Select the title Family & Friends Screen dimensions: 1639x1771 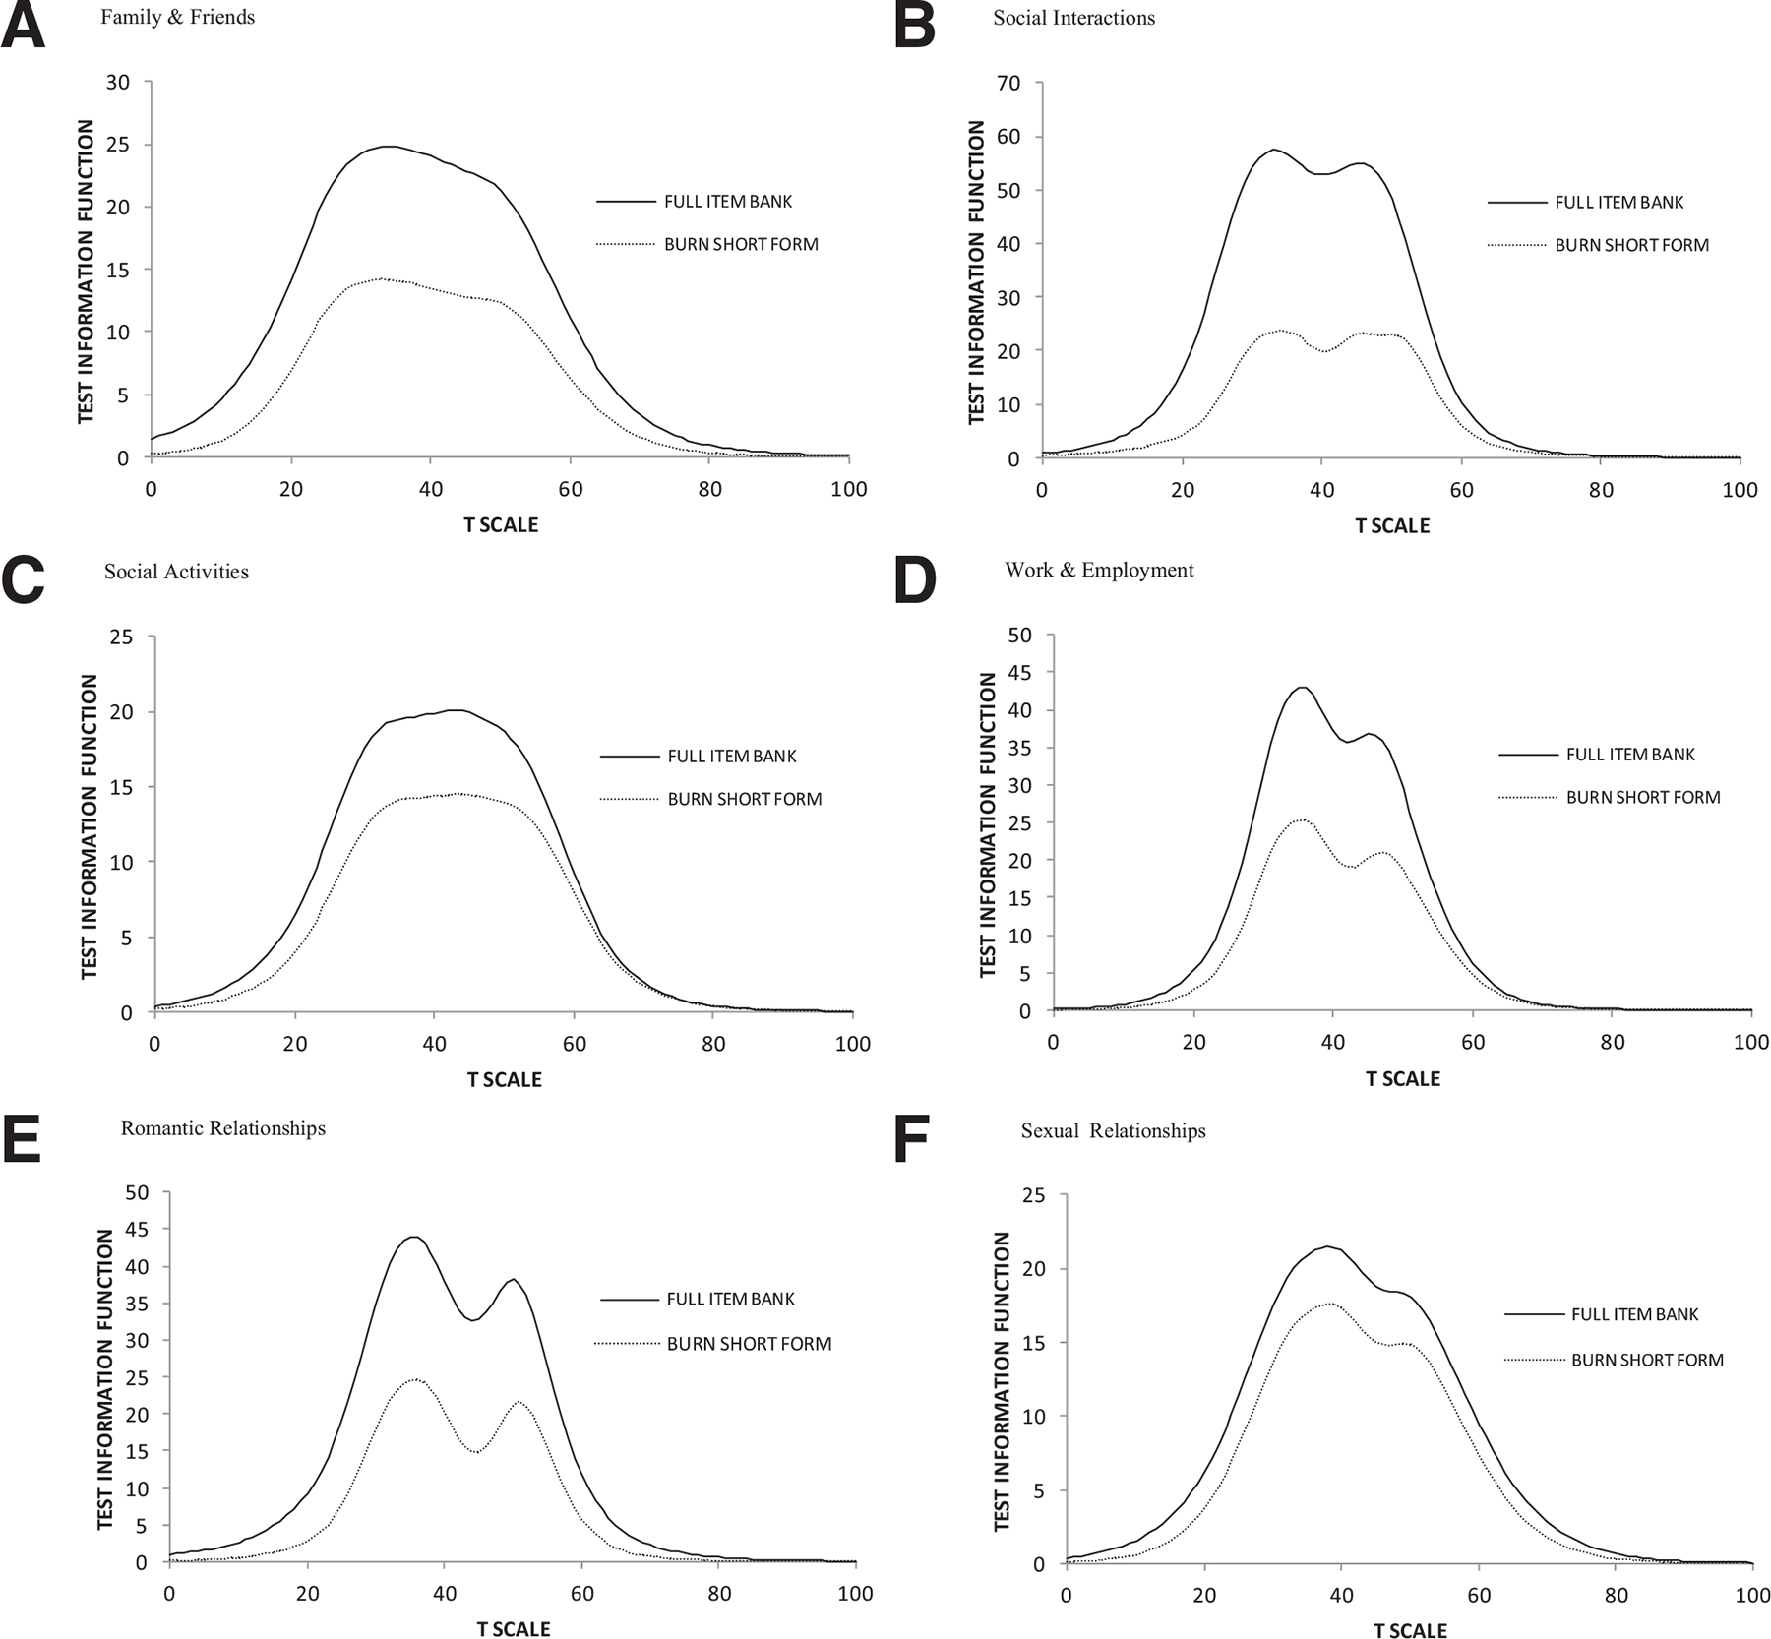coord(177,18)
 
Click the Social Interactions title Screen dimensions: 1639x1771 coord(1073,18)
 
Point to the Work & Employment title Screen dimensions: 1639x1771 coord(1099,570)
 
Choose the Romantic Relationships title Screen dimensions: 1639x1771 coord(222,1128)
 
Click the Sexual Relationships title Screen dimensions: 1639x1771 coord(1113,1131)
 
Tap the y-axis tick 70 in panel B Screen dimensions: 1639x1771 coord(1008,84)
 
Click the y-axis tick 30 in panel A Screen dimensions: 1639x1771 coord(117,83)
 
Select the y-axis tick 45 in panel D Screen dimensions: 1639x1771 coord(1019,673)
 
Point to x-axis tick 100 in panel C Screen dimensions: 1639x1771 coord(852,1044)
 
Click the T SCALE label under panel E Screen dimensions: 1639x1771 coord(514,1629)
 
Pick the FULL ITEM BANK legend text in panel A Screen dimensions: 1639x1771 coord(728,202)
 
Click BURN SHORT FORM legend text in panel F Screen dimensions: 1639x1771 coord(1647,1361)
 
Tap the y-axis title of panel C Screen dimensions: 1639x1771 coord(90,825)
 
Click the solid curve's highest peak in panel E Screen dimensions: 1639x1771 coord(414,1238)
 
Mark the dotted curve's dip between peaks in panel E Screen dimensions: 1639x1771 coord(475,1452)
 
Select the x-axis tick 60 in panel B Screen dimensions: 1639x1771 coord(1462,490)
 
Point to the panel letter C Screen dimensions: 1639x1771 coord(24,580)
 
